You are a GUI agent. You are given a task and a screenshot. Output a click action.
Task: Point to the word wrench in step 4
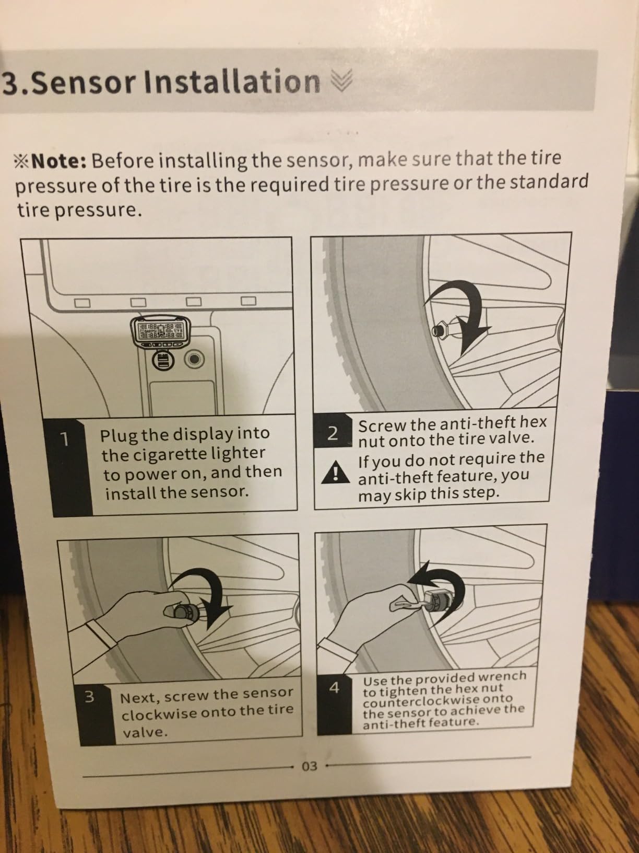pos(502,677)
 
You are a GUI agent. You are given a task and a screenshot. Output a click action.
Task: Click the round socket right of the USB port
pos(194,360)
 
